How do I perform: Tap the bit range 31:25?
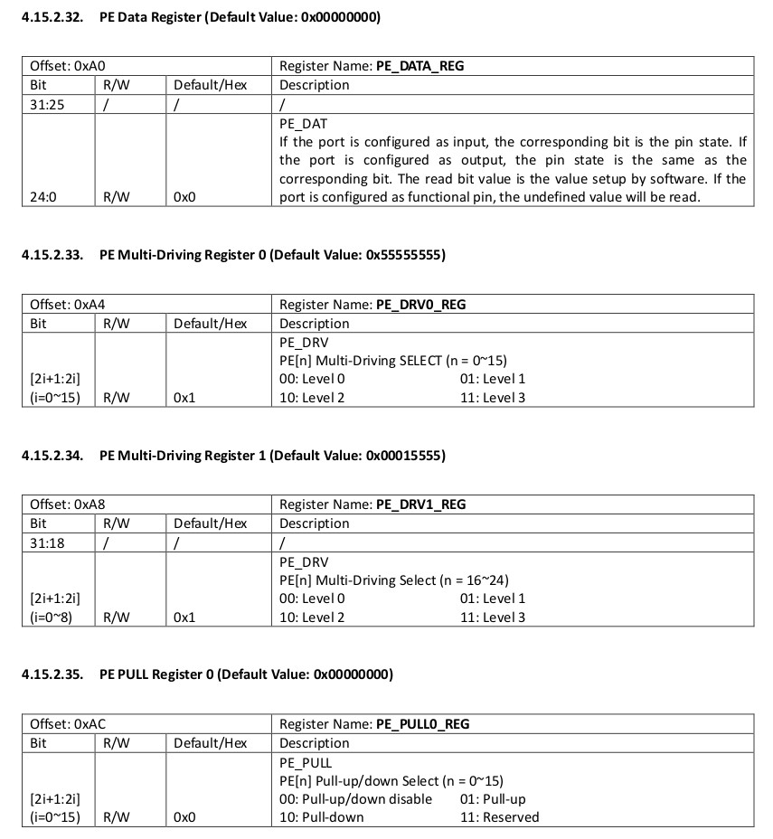click(47, 104)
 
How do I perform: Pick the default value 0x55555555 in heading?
click(404, 255)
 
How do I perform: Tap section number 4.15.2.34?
click(52, 456)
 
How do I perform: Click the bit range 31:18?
click(47, 542)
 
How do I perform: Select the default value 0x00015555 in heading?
click(405, 456)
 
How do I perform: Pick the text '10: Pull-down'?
click(322, 817)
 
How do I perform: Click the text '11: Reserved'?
click(499, 817)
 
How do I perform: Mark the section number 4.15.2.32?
click(52, 17)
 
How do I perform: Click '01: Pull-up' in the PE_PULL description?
click(493, 799)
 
